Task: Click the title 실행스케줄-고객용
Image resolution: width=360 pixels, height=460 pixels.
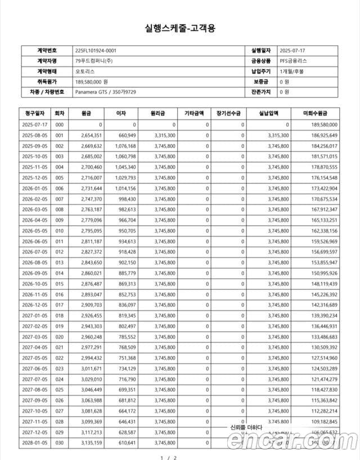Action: click(x=180, y=28)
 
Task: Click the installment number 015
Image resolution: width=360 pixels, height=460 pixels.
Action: click(x=59, y=284)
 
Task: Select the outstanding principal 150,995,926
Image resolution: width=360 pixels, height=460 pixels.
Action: click(x=323, y=273)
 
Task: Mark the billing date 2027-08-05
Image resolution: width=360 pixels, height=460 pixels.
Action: click(x=35, y=390)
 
